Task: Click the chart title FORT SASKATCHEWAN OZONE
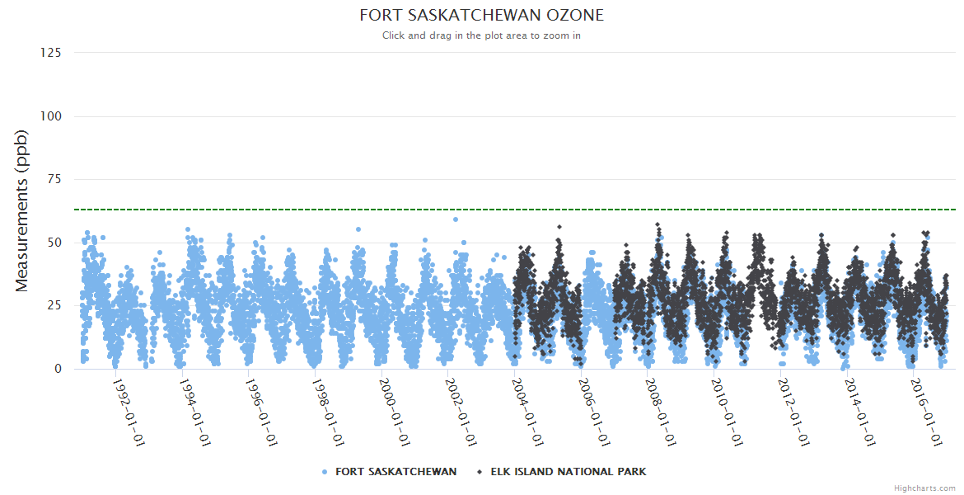coord(482,16)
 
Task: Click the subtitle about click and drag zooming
coord(482,35)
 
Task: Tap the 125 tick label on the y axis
coord(50,53)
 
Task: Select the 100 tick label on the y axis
coord(50,116)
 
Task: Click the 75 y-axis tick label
coord(54,179)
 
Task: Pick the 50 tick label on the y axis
coord(54,243)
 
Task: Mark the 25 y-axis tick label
coord(54,305)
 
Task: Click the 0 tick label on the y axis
coord(57,369)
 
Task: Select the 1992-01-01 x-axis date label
coord(129,412)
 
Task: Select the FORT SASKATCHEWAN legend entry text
coord(395,472)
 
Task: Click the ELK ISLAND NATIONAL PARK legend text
coord(569,472)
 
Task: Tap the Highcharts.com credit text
coord(924,488)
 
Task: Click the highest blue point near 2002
coord(455,219)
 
